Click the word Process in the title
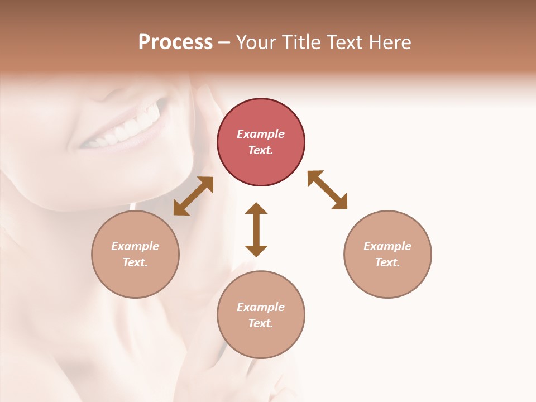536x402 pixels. pos(175,42)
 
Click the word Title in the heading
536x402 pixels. pos(300,42)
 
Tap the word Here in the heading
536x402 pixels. pos(390,42)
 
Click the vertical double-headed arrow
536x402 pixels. pos(256,229)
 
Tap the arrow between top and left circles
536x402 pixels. pos(193,196)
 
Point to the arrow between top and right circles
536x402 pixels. pos(327,190)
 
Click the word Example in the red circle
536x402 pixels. pos(261,134)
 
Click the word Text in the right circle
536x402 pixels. pos(387,262)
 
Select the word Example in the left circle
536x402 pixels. pos(135,246)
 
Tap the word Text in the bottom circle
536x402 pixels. pos(260,323)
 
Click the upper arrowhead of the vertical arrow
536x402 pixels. pos(256,209)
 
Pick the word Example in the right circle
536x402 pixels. pos(387,246)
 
